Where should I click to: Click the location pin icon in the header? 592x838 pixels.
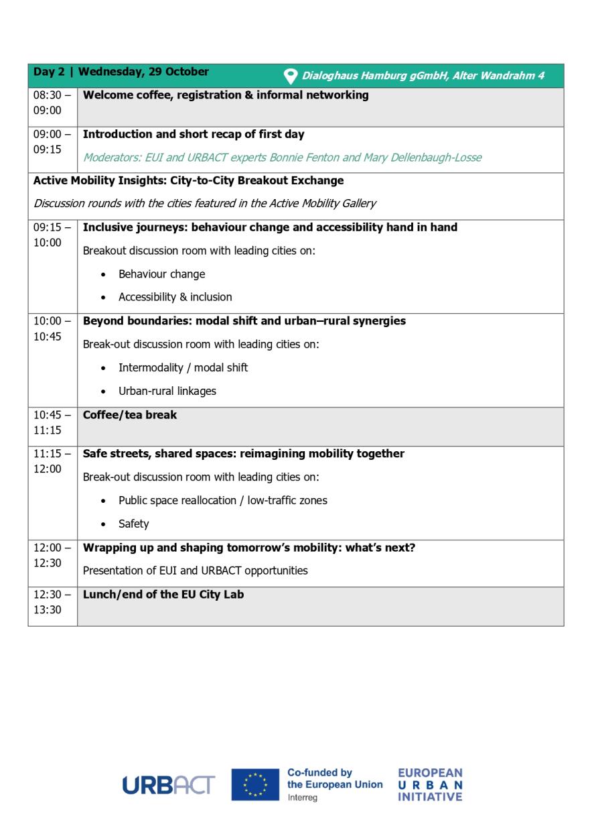tap(291, 76)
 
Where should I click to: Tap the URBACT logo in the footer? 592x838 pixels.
tap(168, 785)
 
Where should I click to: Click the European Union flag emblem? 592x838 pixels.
tap(254, 784)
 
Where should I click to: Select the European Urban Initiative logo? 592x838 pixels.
tap(430, 784)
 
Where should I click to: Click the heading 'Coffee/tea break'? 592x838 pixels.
tap(130, 415)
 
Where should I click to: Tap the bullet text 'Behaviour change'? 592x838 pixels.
tap(161, 274)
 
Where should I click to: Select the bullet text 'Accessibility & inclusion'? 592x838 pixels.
tap(175, 297)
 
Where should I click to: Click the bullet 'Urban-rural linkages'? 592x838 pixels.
tap(167, 391)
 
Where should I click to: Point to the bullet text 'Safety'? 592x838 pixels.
tap(133, 524)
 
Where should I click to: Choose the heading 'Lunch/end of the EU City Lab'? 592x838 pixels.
tap(163, 594)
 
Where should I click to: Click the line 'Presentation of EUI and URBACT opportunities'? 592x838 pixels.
tap(195, 571)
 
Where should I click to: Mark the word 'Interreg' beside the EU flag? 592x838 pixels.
tap(303, 798)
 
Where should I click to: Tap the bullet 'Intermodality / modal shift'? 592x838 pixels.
tap(183, 367)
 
